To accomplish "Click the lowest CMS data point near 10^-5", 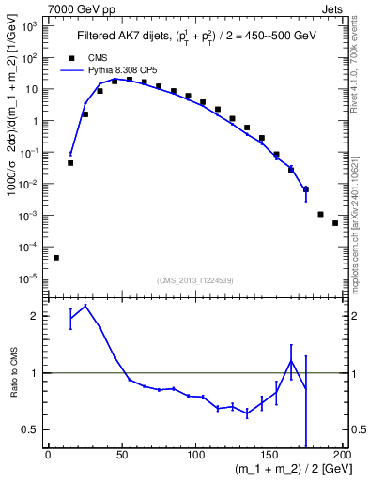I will (55, 258).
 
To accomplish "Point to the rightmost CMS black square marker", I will (335, 223).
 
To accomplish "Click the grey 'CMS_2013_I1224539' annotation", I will (195, 279).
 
